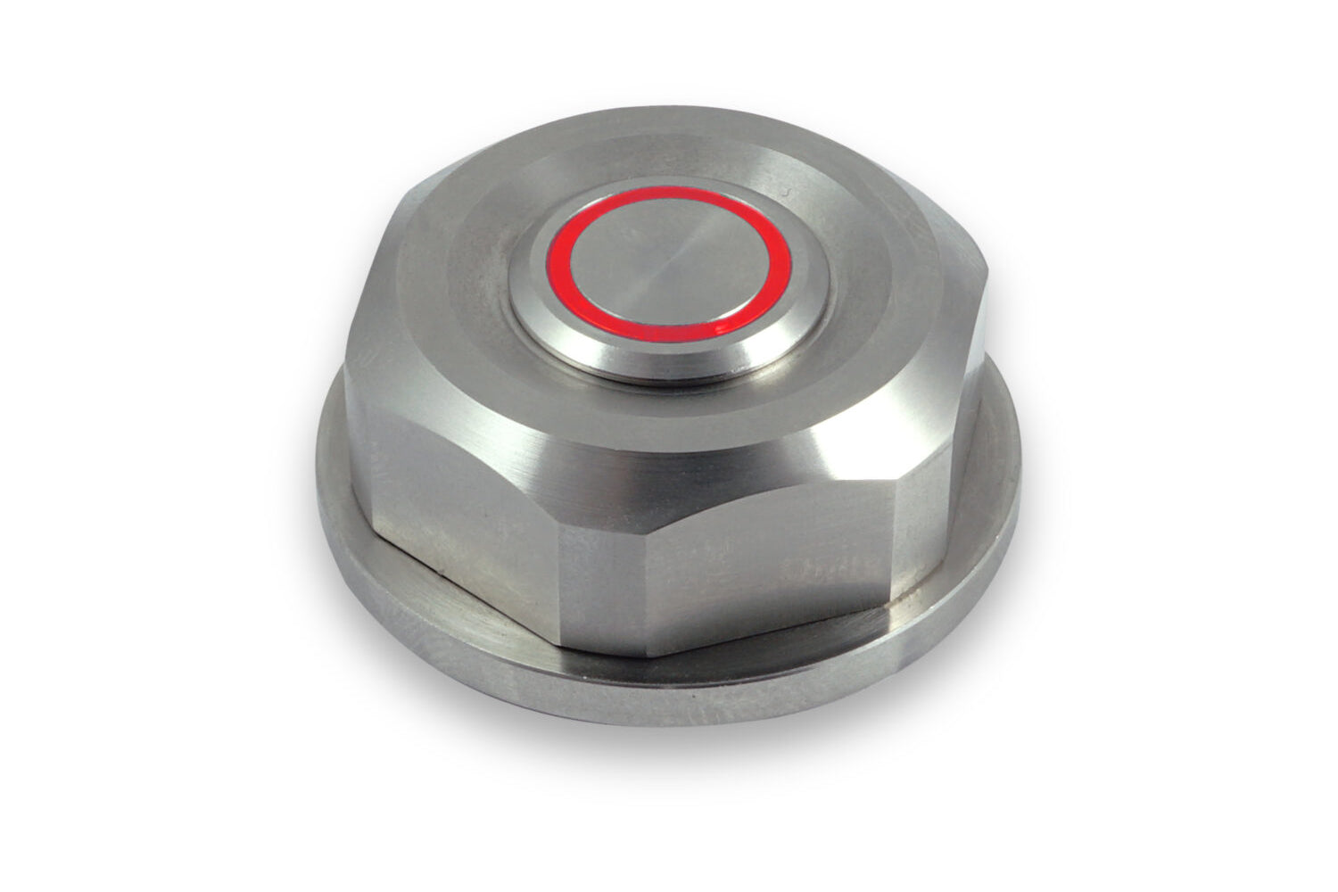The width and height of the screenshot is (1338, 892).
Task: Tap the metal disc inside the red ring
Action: (x=669, y=268)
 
